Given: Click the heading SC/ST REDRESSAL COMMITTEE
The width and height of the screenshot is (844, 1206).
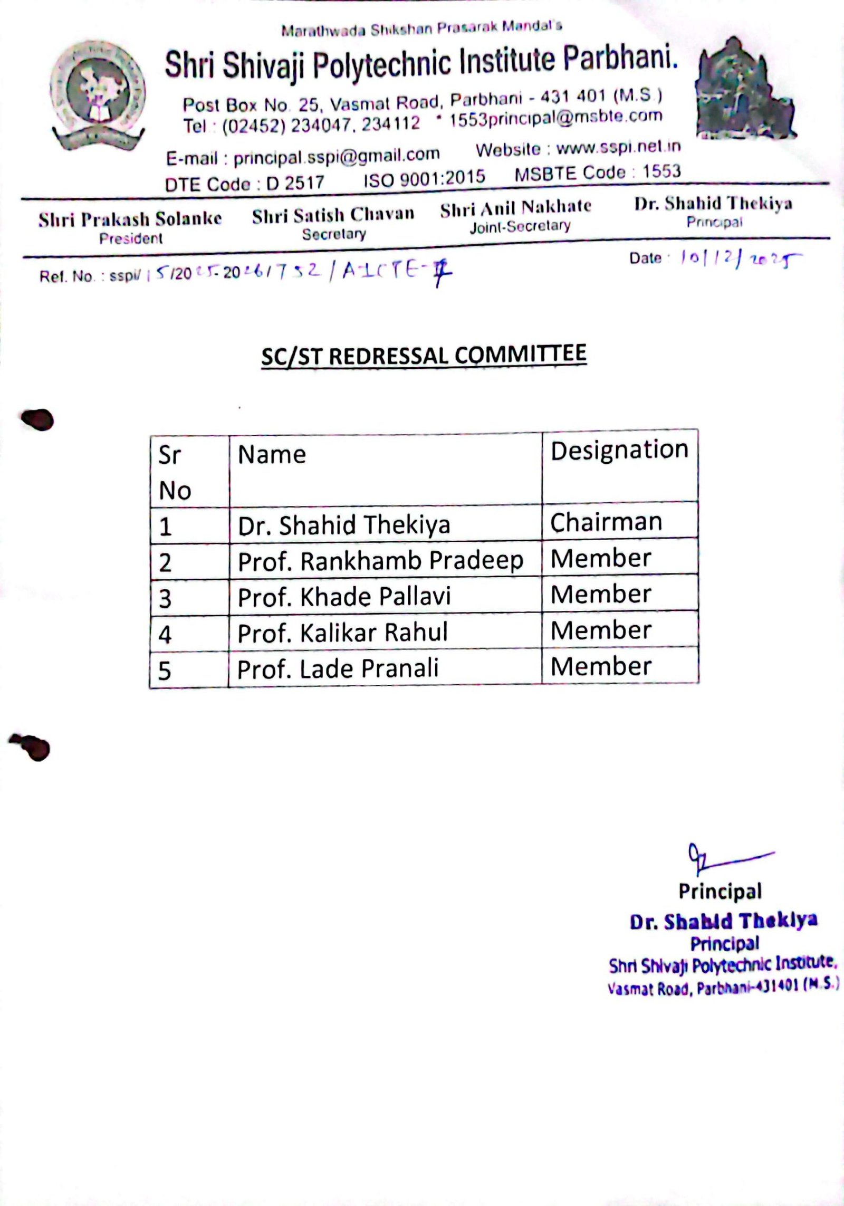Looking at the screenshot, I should [x=424, y=355].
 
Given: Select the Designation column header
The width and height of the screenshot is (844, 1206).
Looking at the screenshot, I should [x=619, y=450].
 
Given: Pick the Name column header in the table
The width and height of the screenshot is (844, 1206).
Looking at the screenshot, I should [x=272, y=455].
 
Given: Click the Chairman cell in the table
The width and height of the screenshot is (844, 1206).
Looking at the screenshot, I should [x=606, y=522].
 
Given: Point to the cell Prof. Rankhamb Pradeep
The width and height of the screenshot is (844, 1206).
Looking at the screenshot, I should [x=380, y=561].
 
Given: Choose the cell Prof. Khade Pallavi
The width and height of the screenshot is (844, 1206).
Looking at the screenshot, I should [x=344, y=597].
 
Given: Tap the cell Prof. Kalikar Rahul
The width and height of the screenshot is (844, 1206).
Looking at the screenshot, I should [x=342, y=632].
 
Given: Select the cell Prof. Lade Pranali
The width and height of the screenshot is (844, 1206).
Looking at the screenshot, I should [x=338, y=668].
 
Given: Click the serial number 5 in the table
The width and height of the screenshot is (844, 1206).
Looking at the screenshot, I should [x=165, y=671].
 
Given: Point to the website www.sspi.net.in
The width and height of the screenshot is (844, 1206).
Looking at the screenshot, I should [x=618, y=148].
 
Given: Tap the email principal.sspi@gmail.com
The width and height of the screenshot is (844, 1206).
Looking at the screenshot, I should [x=337, y=156].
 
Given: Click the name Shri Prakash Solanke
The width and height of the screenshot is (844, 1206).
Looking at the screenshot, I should [x=130, y=219].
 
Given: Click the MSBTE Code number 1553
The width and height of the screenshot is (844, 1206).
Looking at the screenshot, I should [x=661, y=171].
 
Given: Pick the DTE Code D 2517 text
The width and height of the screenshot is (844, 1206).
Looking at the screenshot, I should [x=244, y=183].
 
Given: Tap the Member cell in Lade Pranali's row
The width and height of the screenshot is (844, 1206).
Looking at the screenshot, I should [x=601, y=666].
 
